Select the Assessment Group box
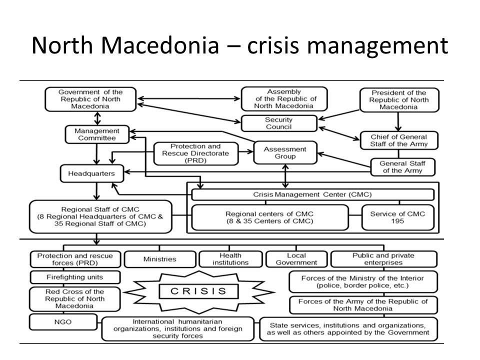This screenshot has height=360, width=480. click(285, 152)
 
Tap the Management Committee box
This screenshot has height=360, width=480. click(97, 134)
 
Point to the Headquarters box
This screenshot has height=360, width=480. click(91, 174)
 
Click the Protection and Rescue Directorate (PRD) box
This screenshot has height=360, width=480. click(196, 152)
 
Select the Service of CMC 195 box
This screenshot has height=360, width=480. click(398, 217)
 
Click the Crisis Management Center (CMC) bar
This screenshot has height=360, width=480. click(312, 194)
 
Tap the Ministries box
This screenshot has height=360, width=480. click(159, 259)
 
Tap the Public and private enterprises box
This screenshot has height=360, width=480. click(383, 259)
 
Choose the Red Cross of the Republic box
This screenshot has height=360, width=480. click(74, 298)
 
